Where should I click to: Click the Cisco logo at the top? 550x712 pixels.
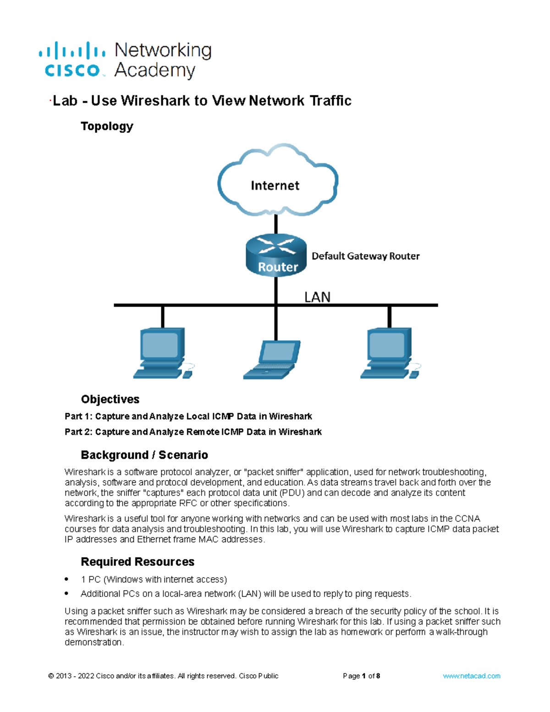pos(72,60)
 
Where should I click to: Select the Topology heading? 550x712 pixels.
pos(107,126)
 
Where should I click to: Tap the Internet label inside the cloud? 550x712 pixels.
pos(275,186)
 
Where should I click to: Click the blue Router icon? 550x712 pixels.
pos(276,255)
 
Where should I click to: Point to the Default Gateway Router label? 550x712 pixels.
pos(365,256)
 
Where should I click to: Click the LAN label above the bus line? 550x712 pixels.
pos(317,297)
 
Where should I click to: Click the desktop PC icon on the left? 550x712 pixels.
pos(163,353)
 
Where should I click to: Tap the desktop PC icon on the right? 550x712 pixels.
pos(390,353)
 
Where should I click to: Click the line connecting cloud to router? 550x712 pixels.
pos(276,225)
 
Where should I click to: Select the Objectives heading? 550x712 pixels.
pos(110,399)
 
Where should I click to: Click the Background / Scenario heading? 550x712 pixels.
pos(144,455)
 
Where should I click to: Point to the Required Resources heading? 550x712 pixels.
pos(137,562)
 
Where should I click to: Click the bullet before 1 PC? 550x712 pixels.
pos(67,579)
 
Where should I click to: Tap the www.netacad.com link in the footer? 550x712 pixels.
pos(471,676)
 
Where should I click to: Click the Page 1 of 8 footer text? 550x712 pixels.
pos(361,676)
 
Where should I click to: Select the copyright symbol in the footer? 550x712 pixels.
pos(51,676)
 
